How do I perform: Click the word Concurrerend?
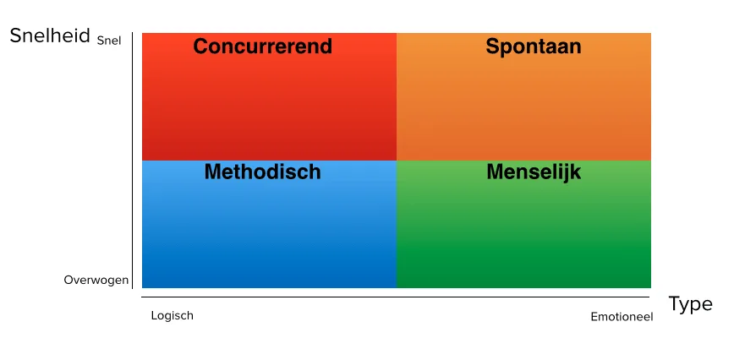pyautogui.click(x=263, y=46)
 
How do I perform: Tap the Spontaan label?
pyautogui.click(x=534, y=47)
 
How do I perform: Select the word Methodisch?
pyautogui.click(x=263, y=172)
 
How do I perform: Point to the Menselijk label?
pyautogui.click(x=534, y=172)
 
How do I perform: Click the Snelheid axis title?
pyautogui.click(x=50, y=35)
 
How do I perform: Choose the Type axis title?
pyautogui.click(x=691, y=305)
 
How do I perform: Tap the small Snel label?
pyautogui.click(x=109, y=41)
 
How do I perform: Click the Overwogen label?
pyautogui.click(x=96, y=280)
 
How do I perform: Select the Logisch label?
pyautogui.click(x=172, y=316)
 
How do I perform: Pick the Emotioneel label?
pyautogui.click(x=622, y=317)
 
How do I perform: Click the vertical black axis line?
pyautogui.click(x=133, y=161)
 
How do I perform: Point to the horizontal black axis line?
pyautogui.click(x=396, y=297)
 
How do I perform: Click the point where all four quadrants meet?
pyautogui.click(x=397, y=161)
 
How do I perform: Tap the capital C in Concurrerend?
pyautogui.click(x=200, y=46)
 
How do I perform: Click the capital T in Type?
pyautogui.click(x=675, y=303)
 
